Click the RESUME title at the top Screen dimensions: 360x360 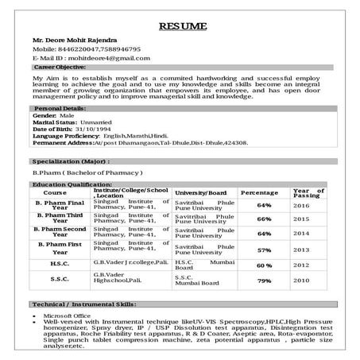tap(183, 27)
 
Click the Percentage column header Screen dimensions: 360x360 tap(259, 193)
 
